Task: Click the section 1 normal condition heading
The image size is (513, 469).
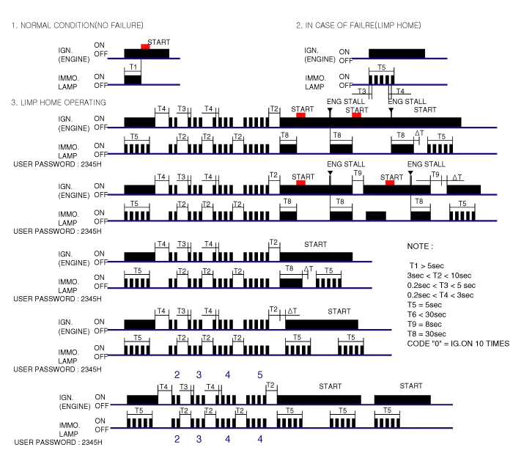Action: [x=78, y=24]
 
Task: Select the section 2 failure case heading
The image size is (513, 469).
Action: [x=358, y=24]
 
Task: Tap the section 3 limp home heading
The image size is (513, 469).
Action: [x=59, y=101]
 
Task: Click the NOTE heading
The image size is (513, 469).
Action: [x=418, y=245]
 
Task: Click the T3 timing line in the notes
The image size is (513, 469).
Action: [x=443, y=285]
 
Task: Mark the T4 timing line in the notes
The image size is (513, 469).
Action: [x=443, y=295]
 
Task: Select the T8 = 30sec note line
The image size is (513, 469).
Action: [x=428, y=333]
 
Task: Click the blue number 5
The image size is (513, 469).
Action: [x=259, y=375]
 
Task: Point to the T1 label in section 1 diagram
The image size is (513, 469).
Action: [x=133, y=66]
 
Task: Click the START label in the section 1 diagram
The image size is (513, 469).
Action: [x=157, y=41]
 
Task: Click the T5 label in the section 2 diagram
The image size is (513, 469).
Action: [x=381, y=67]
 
